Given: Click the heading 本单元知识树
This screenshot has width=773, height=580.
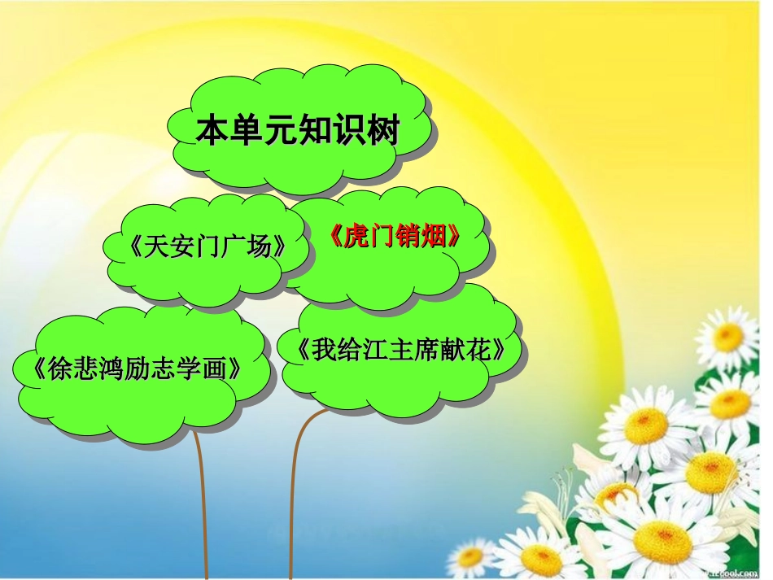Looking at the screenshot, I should pos(297,131).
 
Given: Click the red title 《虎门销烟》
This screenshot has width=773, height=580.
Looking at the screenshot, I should pos(396,237).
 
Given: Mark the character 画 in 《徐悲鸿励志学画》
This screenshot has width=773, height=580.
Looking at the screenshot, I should pos(218,368).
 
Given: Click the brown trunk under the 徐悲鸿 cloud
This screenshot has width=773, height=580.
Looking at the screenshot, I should pos(202,504).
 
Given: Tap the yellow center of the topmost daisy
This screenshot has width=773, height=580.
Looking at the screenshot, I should pos(728,335).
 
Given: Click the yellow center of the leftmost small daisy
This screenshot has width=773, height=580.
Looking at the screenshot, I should pos(470,557).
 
